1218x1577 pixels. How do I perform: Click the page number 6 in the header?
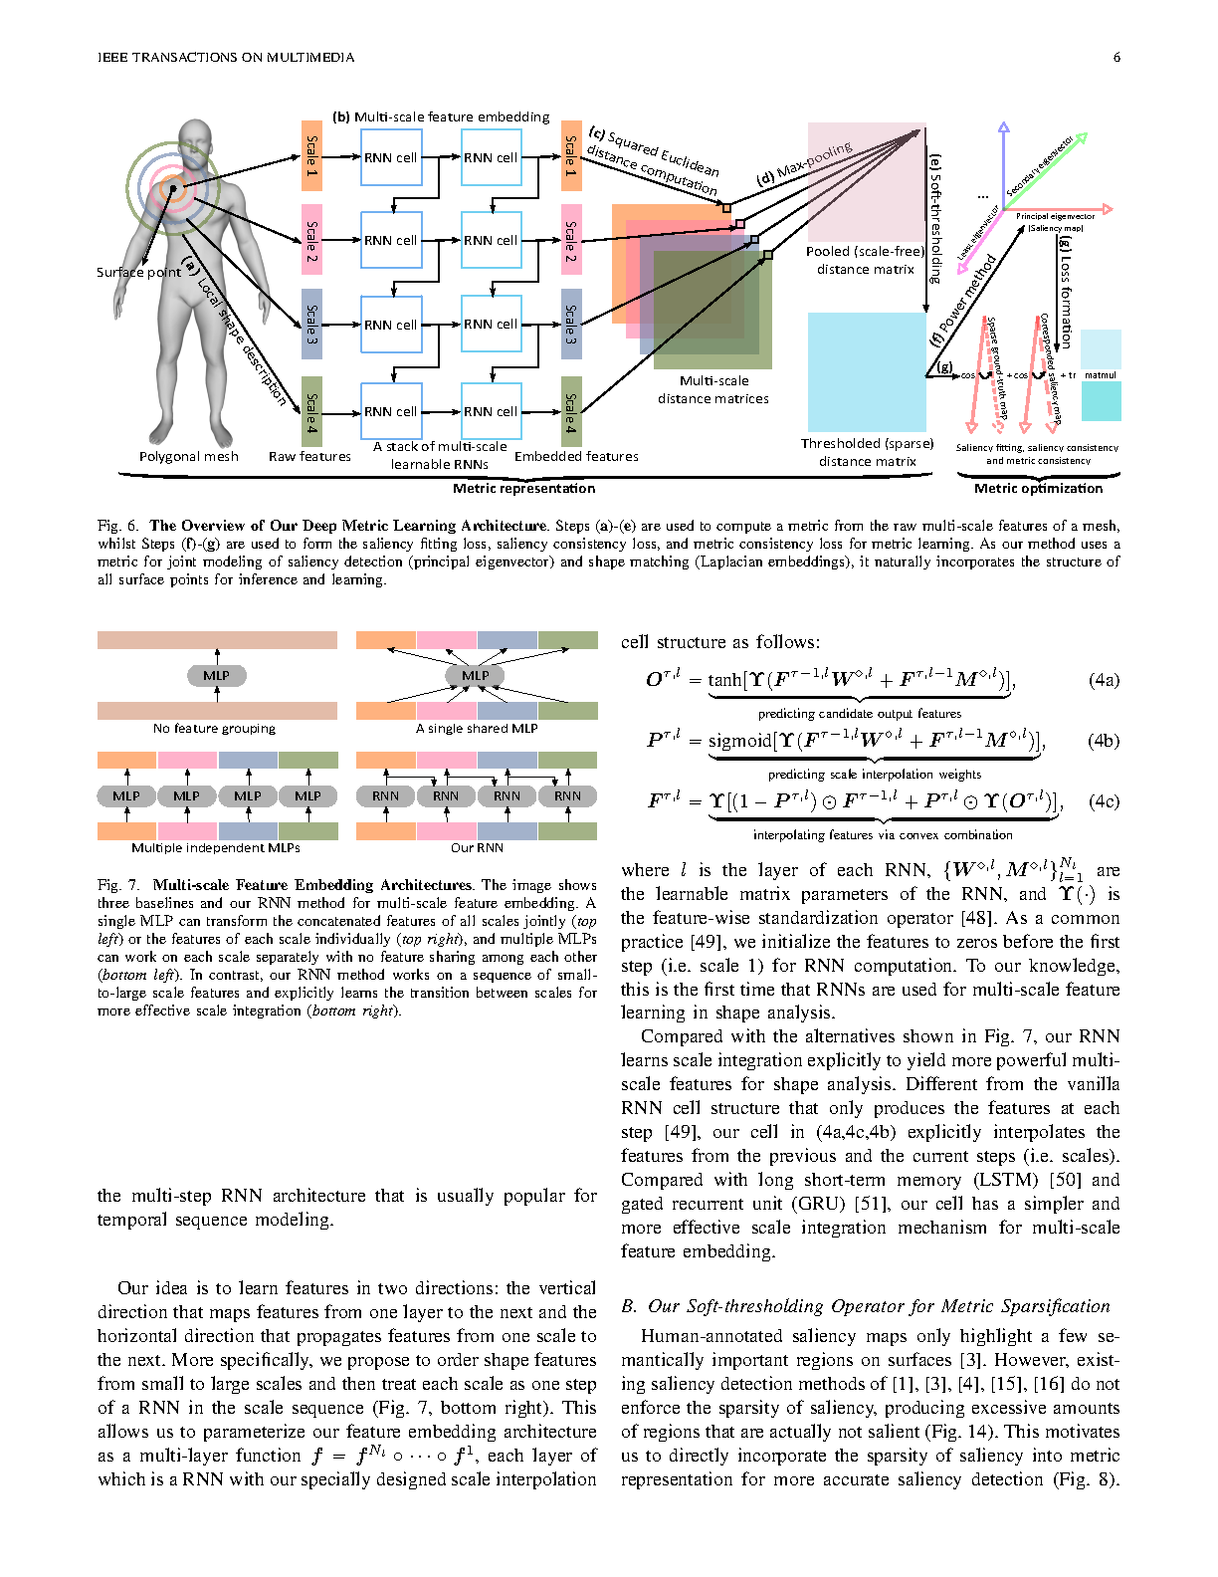pyautogui.click(x=1116, y=57)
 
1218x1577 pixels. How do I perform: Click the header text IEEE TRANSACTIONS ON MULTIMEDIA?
pyautogui.click(x=226, y=57)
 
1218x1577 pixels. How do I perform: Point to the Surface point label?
pyautogui.click(x=138, y=272)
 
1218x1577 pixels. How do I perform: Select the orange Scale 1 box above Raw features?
pyautogui.click(x=311, y=155)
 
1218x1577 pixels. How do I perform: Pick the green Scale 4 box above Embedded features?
pyautogui.click(x=571, y=411)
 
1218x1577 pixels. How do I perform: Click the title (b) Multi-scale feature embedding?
pyautogui.click(x=441, y=116)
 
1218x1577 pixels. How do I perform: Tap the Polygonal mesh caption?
pyautogui.click(x=189, y=456)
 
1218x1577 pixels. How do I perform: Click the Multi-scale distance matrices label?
pyautogui.click(x=713, y=389)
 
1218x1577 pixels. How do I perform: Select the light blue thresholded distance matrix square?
pyautogui.click(x=866, y=371)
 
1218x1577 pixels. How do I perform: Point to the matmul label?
pyautogui.click(x=1101, y=375)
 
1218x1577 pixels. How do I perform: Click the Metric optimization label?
pyautogui.click(x=1038, y=488)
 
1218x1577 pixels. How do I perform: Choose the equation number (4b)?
pyautogui.click(x=1104, y=741)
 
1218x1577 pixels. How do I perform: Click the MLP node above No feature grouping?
pyautogui.click(x=217, y=676)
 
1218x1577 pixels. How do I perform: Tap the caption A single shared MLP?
pyautogui.click(x=477, y=728)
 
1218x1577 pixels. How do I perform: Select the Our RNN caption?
pyautogui.click(x=477, y=847)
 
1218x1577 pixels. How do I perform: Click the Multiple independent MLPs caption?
pyautogui.click(x=215, y=847)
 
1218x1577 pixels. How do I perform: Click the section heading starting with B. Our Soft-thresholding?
pyautogui.click(x=865, y=1306)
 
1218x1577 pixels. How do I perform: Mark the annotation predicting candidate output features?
pyautogui.click(x=859, y=713)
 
